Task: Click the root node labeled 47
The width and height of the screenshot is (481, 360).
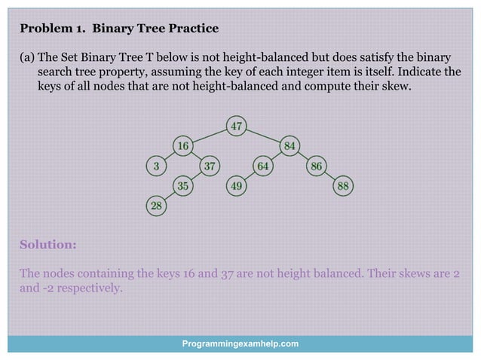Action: [x=237, y=126]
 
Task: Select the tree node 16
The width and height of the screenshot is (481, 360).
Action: [x=182, y=145]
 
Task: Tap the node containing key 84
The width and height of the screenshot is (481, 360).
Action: [x=290, y=145]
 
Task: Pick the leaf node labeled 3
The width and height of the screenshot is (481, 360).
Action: [x=155, y=166]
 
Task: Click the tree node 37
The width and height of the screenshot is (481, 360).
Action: [x=210, y=166]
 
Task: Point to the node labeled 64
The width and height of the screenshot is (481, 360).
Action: [x=263, y=166]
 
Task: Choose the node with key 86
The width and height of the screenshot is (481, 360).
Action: [x=316, y=166]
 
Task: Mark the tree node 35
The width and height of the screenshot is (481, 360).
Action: [x=182, y=185]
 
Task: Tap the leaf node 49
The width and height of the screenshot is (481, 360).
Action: [x=237, y=185]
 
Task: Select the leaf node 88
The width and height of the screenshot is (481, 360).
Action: [x=343, y=185]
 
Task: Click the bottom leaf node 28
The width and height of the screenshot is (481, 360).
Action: [x=155, y=206]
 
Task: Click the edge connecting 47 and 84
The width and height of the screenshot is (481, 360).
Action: [x=263, y=136]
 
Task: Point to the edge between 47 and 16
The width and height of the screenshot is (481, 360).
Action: [x=210, y=136]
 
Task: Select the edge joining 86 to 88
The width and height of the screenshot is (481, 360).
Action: [x=329, y=175]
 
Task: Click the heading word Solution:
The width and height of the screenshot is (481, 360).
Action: [x=47, y=245]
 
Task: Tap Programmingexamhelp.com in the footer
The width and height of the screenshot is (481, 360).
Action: [x=240, y=343]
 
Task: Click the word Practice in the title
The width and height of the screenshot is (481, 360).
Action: [x=192, y=29]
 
